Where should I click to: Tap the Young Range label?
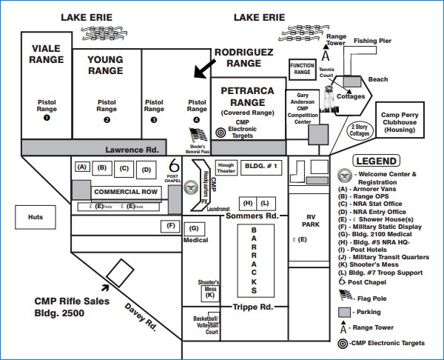105,64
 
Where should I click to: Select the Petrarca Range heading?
248,96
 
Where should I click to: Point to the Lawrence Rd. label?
132,148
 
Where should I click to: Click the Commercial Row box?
125,191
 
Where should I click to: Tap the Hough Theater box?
226,167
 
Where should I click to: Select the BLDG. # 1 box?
260,167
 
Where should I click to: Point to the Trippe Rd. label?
254,307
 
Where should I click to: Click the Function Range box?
302,69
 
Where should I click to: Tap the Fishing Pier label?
371,41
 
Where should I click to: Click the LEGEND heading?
376,160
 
